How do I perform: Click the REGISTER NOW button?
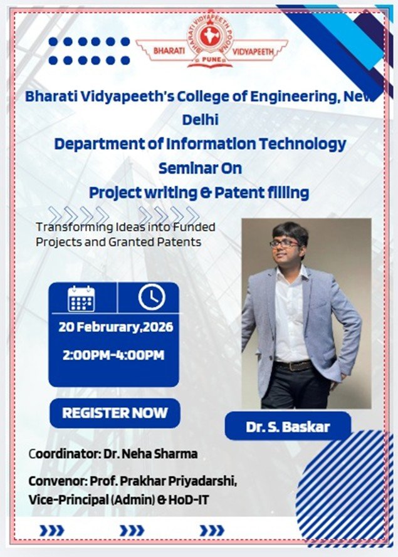(x=115, y=413)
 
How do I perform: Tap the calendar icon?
(x=81, y=299)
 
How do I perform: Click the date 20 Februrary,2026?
(x=116, y=327)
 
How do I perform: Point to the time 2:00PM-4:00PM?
(x=113, y=355)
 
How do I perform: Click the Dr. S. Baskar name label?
(x=288, y=427)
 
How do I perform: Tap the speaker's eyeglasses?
(x=285, y=244)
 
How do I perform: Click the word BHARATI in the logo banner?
(x=169, y=51)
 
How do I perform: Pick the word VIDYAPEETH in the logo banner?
(x=253, y=52)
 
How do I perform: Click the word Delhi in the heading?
(x=200, y=120)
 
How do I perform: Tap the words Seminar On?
(x=200, y=168)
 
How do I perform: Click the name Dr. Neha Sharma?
(x=150, y=454)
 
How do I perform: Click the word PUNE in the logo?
(x=211, y=60)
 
